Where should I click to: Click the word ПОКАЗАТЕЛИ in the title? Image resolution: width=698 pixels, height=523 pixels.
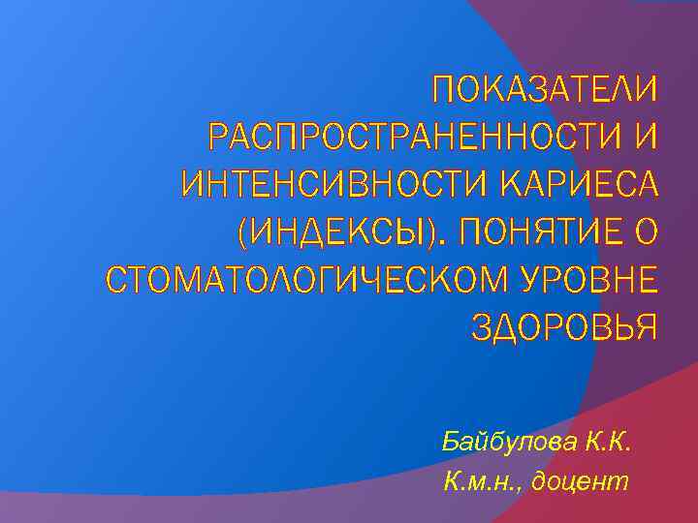coord(545,92)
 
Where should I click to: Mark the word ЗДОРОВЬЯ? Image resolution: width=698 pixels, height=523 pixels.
coord(564,325)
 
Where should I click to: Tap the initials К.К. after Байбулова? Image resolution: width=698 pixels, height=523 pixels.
coord(608,443)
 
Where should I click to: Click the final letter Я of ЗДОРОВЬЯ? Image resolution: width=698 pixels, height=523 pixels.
coord(646,325)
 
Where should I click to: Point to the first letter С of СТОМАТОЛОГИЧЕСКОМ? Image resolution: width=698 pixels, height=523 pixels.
coord(115,279)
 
